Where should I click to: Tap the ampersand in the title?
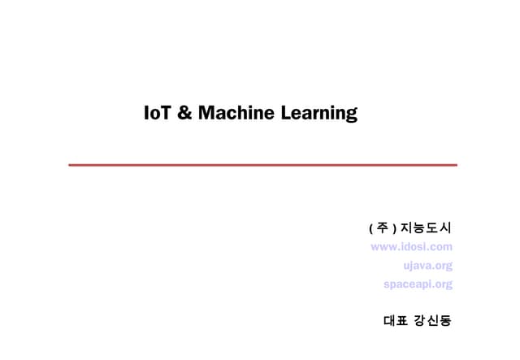point(184,113)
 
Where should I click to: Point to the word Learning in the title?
point(319,114)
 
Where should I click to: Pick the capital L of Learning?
point(286,113)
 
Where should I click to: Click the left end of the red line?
point(70,165)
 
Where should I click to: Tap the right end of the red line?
point(456,165)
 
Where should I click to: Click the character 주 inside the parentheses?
point(382,227)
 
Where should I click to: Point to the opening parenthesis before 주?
point(371,227)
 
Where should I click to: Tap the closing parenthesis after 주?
point(392,227)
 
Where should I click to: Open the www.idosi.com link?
point(411,246)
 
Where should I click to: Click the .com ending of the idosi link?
point(440,246)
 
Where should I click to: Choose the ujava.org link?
point(427,265)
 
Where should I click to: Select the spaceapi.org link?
point(418,284)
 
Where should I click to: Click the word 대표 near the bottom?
point(394,320)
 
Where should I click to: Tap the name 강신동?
point(433,320)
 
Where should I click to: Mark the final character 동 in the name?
point(445,320)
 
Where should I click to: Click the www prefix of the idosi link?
point(383,246)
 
